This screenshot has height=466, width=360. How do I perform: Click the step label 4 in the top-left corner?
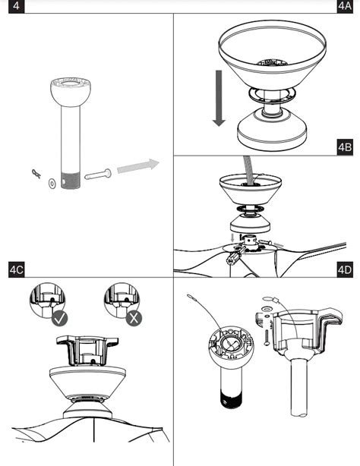click(17, 6)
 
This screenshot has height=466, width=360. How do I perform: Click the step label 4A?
click(345, 6)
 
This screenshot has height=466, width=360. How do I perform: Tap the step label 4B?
click(345, 146)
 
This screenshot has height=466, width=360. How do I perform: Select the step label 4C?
click(17, 269)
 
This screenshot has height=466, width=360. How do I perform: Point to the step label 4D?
click(345, 269)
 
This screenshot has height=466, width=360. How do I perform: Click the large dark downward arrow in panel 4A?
click(219, 98)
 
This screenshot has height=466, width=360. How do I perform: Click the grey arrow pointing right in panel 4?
click(138, 166)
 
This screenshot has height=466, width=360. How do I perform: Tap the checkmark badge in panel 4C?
click(59, 319)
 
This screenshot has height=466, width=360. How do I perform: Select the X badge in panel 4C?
click(134, 319)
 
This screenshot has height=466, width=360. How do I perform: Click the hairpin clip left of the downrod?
click(36, 174)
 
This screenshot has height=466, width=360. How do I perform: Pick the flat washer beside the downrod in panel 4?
click(52, 184)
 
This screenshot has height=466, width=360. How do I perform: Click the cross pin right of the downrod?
click(98, 175)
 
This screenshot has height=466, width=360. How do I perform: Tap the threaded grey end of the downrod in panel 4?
click(71, 181)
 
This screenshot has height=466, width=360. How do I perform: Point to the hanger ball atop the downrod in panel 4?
click(71, 93)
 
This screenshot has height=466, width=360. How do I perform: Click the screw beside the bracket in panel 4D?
click(267, 337)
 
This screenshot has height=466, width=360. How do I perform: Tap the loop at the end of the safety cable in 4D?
click(191, 296)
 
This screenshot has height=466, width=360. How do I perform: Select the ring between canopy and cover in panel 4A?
click(272, 93)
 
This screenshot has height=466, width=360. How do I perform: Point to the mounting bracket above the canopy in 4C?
click(87, 351)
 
